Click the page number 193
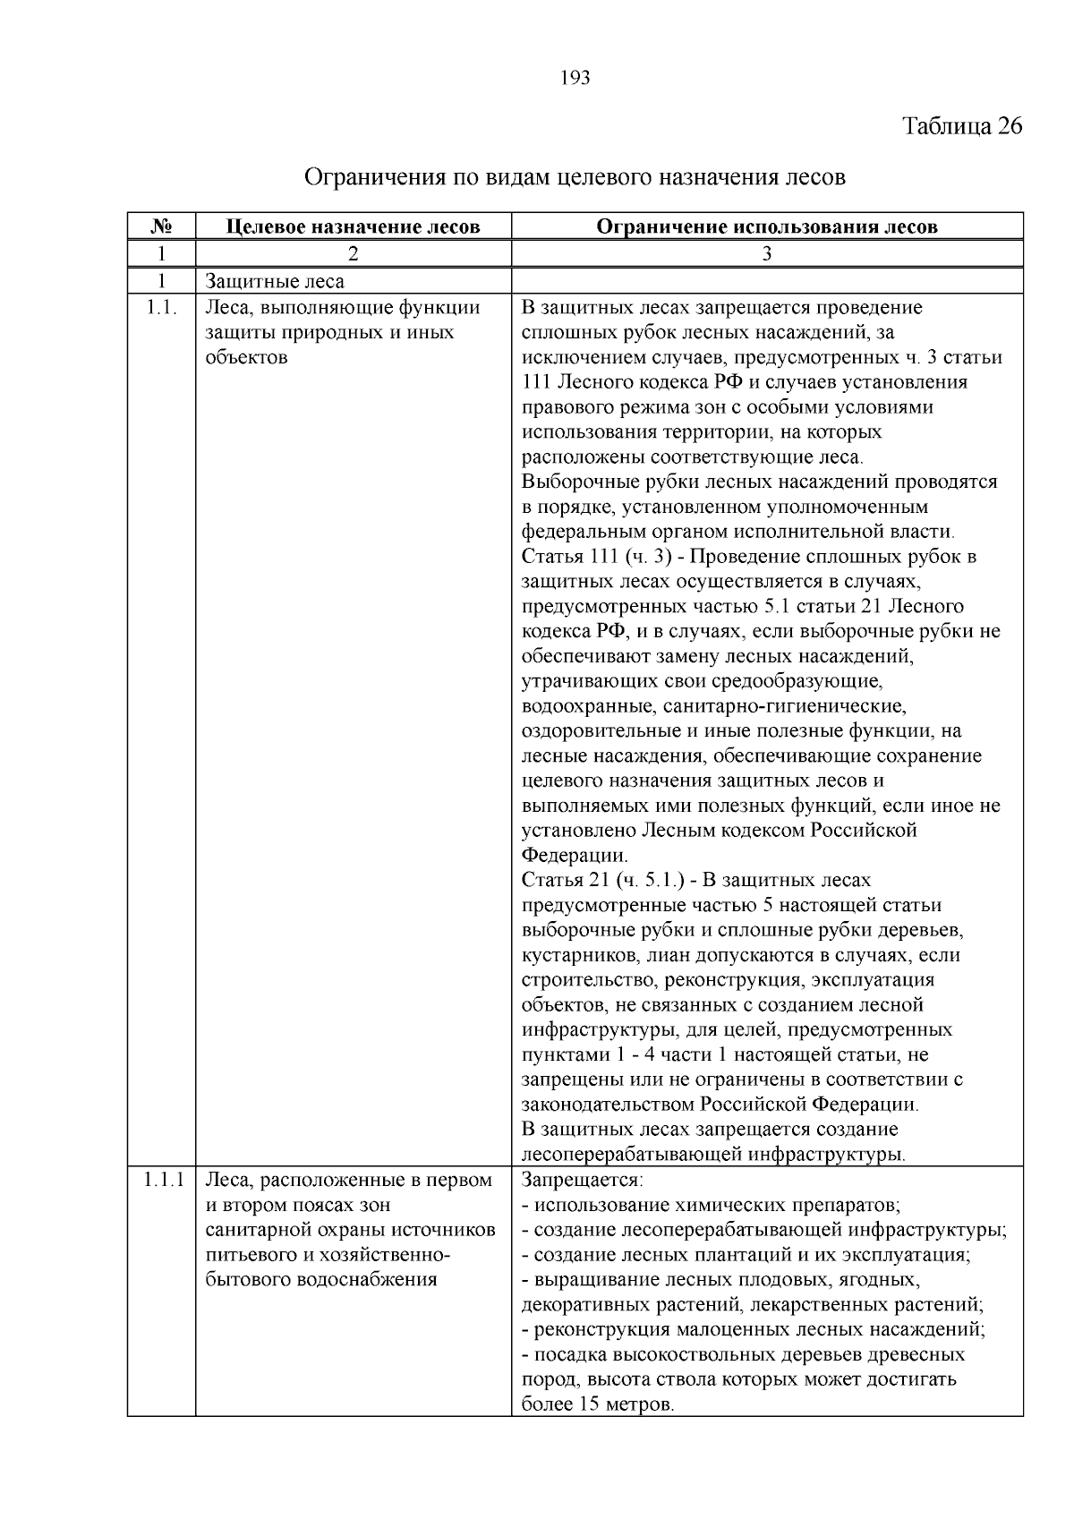pyautogui.click(x=575, y=79)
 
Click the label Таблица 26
pyautogui.click(x=962, y=125)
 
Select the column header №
pyautogui.click(x=161, y=226)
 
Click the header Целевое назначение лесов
pyautogui.click(x=353, y=226)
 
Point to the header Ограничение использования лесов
pyautogui.click(x=766, y=226)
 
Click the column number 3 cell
pyautogui.click(x=766, y=254)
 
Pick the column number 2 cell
pyautogui.click(x=353, y=254)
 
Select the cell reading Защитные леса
pyautogui.click(x=275, y=281)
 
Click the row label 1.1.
pyautogui.click(x=161, y=308)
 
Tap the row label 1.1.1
pyautogui.click(x=162, y=1180)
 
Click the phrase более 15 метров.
pyautogui.click(x=597, y=1404)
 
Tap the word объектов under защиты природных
pyautogui.click(x=246, y=358)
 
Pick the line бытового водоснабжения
pyautogui.click(x=321, y=1279)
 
